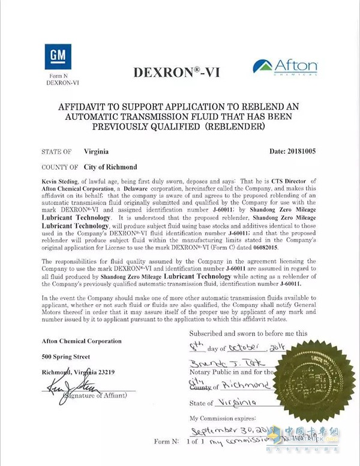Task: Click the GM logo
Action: pos(57,55)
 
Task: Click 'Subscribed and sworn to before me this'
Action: pos(248,332)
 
